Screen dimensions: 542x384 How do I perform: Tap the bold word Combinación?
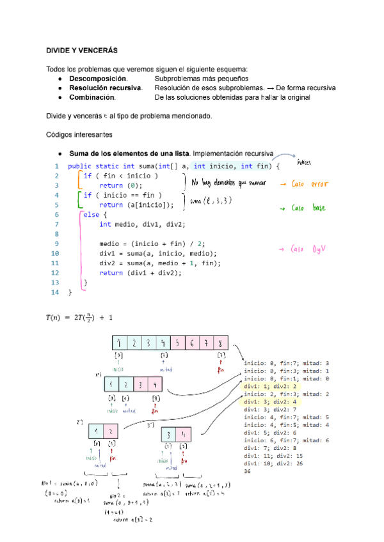92,97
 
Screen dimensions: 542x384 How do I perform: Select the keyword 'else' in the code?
92,215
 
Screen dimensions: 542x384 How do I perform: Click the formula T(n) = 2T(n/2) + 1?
79,317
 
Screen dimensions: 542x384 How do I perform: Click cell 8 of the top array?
221,343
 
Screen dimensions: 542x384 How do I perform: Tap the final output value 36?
248,471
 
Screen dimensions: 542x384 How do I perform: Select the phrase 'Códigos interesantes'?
80,135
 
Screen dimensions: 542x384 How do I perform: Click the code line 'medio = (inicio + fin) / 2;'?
151,244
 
